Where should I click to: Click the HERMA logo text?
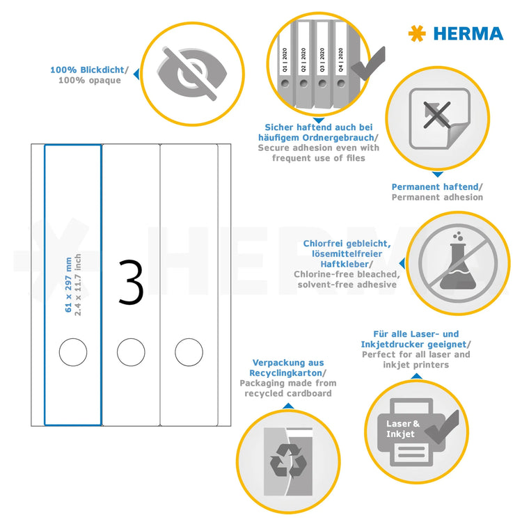(468, 33)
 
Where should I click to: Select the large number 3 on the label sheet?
(131, 283)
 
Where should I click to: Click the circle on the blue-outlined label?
(72, 352)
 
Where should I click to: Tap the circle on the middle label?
(130, 352)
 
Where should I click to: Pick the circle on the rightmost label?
(188, 352)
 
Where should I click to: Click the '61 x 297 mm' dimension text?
(68, 275)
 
